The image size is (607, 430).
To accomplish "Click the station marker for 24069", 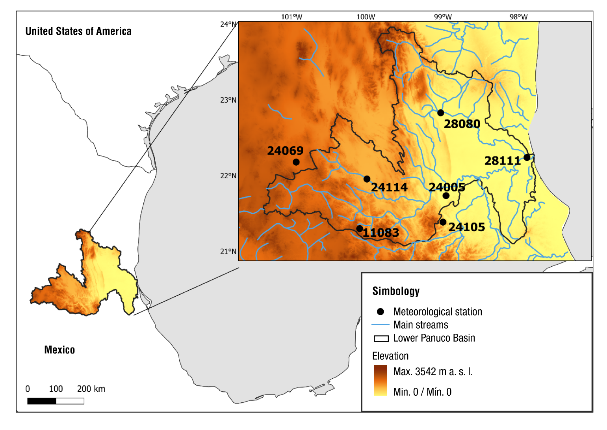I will (296, 162).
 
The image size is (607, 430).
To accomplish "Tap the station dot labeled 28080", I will (441, 113).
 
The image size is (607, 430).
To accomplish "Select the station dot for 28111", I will (527, 158).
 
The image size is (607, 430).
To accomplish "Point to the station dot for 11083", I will (360, 229).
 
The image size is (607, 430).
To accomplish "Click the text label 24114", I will (389, 187).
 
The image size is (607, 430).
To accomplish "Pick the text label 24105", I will (467, 227).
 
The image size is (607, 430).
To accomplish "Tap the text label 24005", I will (447, 187).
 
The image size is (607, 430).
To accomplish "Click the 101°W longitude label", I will (291, 17).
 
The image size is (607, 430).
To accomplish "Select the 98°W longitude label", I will (518, 17).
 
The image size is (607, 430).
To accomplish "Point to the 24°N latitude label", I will (228, 24).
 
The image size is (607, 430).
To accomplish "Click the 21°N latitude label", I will (228, 252).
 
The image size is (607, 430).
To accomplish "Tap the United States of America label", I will (78, 32).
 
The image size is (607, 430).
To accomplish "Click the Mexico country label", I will (59, 350).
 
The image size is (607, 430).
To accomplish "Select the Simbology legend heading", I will (396, 291).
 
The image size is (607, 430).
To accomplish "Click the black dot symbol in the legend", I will (381, 312).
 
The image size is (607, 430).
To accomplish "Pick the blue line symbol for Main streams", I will (381, 325).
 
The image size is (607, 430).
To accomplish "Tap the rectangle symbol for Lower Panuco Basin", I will (381, 338).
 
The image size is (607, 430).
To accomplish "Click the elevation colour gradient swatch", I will (381, 381).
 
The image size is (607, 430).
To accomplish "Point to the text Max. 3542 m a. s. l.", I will (433, 372).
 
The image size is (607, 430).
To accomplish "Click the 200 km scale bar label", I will (91, 389).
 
